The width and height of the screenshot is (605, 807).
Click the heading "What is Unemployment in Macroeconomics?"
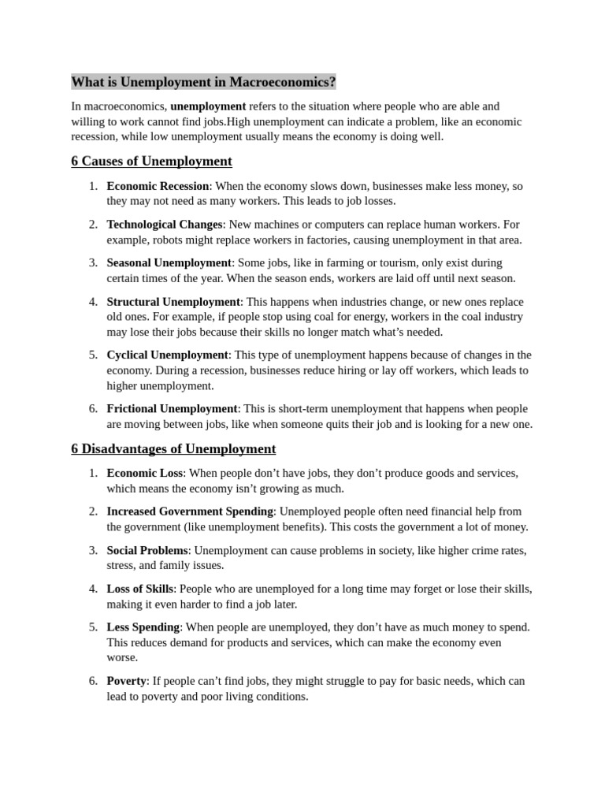(203, 82)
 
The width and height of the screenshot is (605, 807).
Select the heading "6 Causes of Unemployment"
(151, 162)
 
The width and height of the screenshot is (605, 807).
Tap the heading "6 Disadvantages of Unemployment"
(173, 449)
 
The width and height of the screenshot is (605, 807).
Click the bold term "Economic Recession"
(158, 186)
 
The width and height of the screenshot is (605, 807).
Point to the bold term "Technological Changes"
(165, 225)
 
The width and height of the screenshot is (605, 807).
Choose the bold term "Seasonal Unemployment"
(169, 262)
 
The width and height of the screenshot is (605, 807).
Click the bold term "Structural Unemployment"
(173, 302)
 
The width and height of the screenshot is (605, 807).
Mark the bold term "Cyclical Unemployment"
(168, 355)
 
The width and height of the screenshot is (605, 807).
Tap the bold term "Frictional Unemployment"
(172, 409)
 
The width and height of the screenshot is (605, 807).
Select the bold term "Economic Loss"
(145, 473)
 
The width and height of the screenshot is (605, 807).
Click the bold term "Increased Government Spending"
(190, 511)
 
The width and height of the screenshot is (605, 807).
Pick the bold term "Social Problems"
(147, 550)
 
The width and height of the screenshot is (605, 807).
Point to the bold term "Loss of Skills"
(140, 589)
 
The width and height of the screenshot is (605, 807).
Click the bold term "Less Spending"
(143, 627)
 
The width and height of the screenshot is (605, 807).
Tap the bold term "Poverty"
(126, 681)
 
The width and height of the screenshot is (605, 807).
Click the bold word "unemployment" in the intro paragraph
(208, 106)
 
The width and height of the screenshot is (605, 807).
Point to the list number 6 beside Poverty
(93, 681)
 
